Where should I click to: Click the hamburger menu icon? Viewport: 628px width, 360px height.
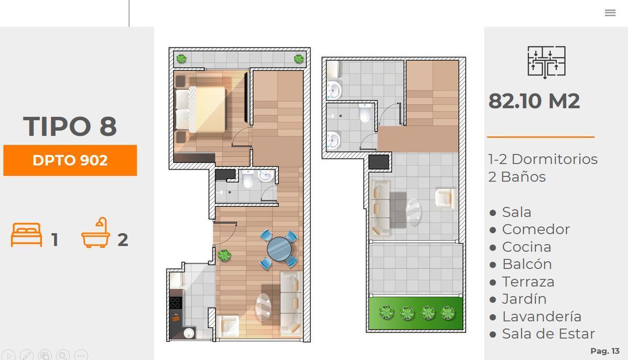(x=610, y=13)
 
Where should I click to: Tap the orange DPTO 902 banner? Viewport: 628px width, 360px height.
(x=70, y=160)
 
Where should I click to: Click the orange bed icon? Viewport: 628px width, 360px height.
(x=27, y=235)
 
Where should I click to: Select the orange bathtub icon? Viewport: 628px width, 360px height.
(x=96, y=233)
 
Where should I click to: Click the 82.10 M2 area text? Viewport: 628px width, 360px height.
(x=534, y=101)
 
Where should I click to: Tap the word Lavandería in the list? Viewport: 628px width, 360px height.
(x=542, y=317)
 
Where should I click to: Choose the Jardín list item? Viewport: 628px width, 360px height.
(x=524, y=299)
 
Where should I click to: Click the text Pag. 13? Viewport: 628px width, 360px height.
(x=605, y=351)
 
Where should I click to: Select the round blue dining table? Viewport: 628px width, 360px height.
(x=279, y=249)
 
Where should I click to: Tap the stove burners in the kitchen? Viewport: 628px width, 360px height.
(x=175, y=303)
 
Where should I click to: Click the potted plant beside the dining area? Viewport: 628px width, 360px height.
(x=224, y=255)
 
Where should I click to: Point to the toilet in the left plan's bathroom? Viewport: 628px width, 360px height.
(x=248, y=178)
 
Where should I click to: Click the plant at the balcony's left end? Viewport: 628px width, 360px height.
(x=181, y=59)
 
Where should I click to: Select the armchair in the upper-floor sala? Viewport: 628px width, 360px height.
(x=445, y=198)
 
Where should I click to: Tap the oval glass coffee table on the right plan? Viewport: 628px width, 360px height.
(x=414, y=212)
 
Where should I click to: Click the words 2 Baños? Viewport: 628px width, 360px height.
(x=517, y=177)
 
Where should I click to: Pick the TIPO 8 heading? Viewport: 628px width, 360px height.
(x=70, y=126)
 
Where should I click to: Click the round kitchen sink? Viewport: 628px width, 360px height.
(x=189, y=333)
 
